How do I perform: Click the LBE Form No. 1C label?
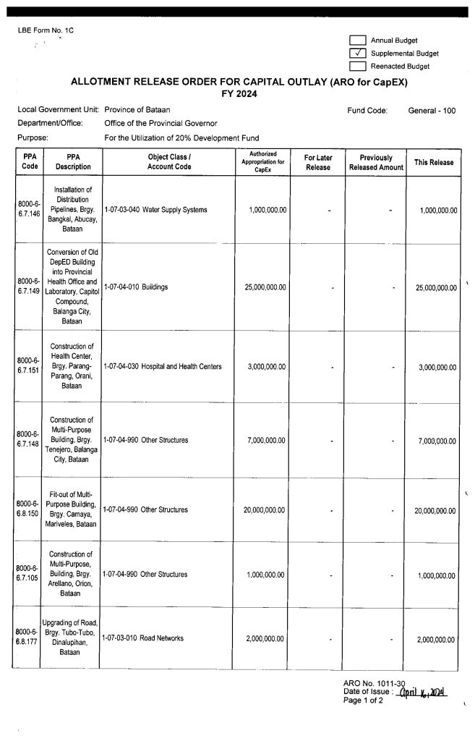tap(46, 30)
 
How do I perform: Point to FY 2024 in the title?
tap(239, 94)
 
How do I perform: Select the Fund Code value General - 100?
tap(432, 111)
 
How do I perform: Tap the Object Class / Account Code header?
tap(169, 161)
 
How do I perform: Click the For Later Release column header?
tap(318, 161)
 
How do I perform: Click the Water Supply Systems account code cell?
tap(155, 210)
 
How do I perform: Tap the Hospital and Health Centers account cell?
tap(163, 367)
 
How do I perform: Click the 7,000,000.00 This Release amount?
tap(437, 441)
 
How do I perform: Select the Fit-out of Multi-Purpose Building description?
tap(72, 510)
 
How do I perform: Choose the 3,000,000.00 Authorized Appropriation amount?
tap(267, 367)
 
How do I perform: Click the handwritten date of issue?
tap(418, 692)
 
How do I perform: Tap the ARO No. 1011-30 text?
tap(374, 683)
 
